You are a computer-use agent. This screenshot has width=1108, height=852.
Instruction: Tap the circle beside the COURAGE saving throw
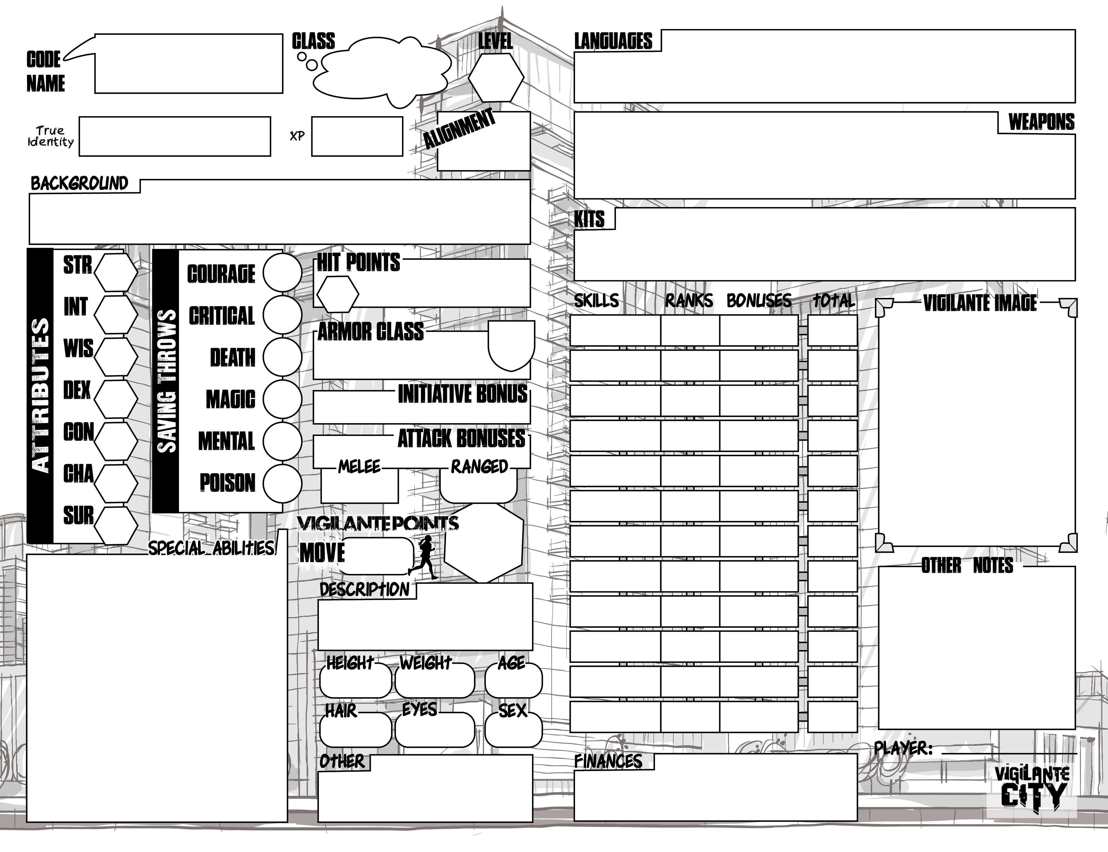point(282,273)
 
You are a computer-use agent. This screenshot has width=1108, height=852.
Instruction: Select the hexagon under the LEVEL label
point(496,78)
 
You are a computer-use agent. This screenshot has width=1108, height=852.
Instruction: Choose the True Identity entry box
point(174,136)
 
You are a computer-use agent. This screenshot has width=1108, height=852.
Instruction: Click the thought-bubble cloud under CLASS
point(382,72)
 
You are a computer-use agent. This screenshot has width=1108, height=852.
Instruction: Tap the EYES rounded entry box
point(435,729)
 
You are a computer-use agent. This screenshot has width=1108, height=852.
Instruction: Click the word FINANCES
point(608,761)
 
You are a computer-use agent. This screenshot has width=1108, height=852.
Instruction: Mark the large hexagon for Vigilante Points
point(484,543)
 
